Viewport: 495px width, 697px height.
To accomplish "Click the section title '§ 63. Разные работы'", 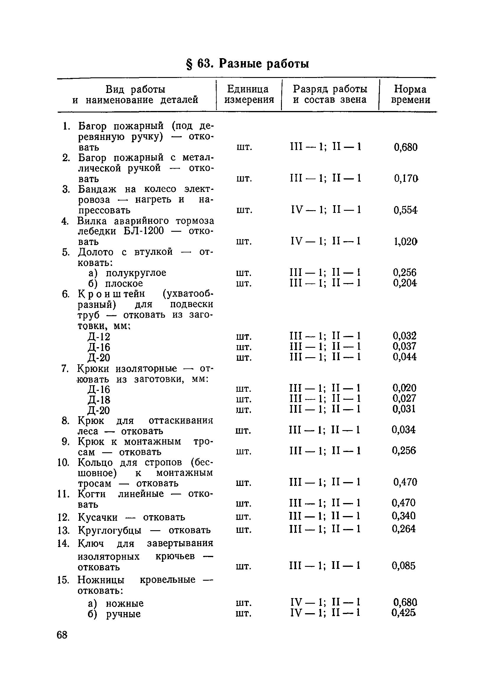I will click(x=247, y=64).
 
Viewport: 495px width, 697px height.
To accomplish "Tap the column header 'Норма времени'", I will click(x=410, y=94).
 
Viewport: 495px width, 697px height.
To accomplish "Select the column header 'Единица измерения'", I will click(x=249, y=94).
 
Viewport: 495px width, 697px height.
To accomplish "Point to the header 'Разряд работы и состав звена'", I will click(x=330, y=94).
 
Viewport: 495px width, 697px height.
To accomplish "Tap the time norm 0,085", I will click(x=404, y=566).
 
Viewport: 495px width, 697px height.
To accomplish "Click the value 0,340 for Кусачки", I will click(x=404, y=516).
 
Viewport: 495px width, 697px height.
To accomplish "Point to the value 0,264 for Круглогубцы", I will click(x=404, y=529).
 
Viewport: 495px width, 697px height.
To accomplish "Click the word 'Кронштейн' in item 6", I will click(x=112, y=294).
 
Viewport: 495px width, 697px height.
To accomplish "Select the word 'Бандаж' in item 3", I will click(x=97, y=189).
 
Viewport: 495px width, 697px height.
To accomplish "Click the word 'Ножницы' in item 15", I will click(x=101, y=580).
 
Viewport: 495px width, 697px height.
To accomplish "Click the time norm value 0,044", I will click(x=404, y=357).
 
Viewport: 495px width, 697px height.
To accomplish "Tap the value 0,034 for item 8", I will click(x=404, y=430).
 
